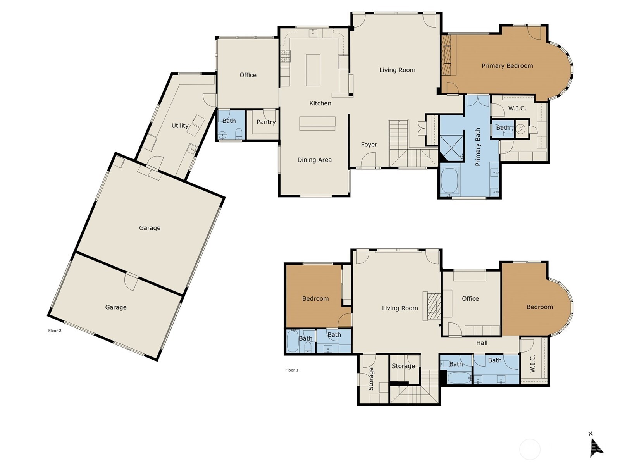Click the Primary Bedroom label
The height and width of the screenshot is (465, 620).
pos(507,66)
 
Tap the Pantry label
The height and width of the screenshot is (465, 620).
pos(266,122)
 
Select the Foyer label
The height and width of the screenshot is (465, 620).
pos(369,145)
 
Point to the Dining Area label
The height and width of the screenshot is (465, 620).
pos(314,160)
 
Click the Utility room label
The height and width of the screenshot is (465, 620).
pos(180,126)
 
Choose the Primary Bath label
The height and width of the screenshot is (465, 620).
pos(478,147)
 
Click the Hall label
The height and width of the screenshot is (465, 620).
pos(482,343)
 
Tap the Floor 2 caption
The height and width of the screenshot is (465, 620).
pos(55,330)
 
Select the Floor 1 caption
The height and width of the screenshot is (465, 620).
pos(292,370)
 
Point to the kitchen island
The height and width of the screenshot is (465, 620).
pos(313,70)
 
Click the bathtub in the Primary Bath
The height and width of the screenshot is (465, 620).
pos(449,181)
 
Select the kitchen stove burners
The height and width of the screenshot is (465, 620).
pos(285,56)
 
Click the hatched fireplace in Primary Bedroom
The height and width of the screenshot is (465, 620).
pos(446,55)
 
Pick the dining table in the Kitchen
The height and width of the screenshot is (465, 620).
pos(317,123)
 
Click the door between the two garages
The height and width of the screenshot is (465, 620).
pos(131,281)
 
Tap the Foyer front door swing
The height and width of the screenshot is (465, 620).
pos(369,160)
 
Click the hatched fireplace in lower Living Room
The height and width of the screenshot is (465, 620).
pos(434,306)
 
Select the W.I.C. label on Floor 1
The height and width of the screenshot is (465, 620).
pos(532,363)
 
